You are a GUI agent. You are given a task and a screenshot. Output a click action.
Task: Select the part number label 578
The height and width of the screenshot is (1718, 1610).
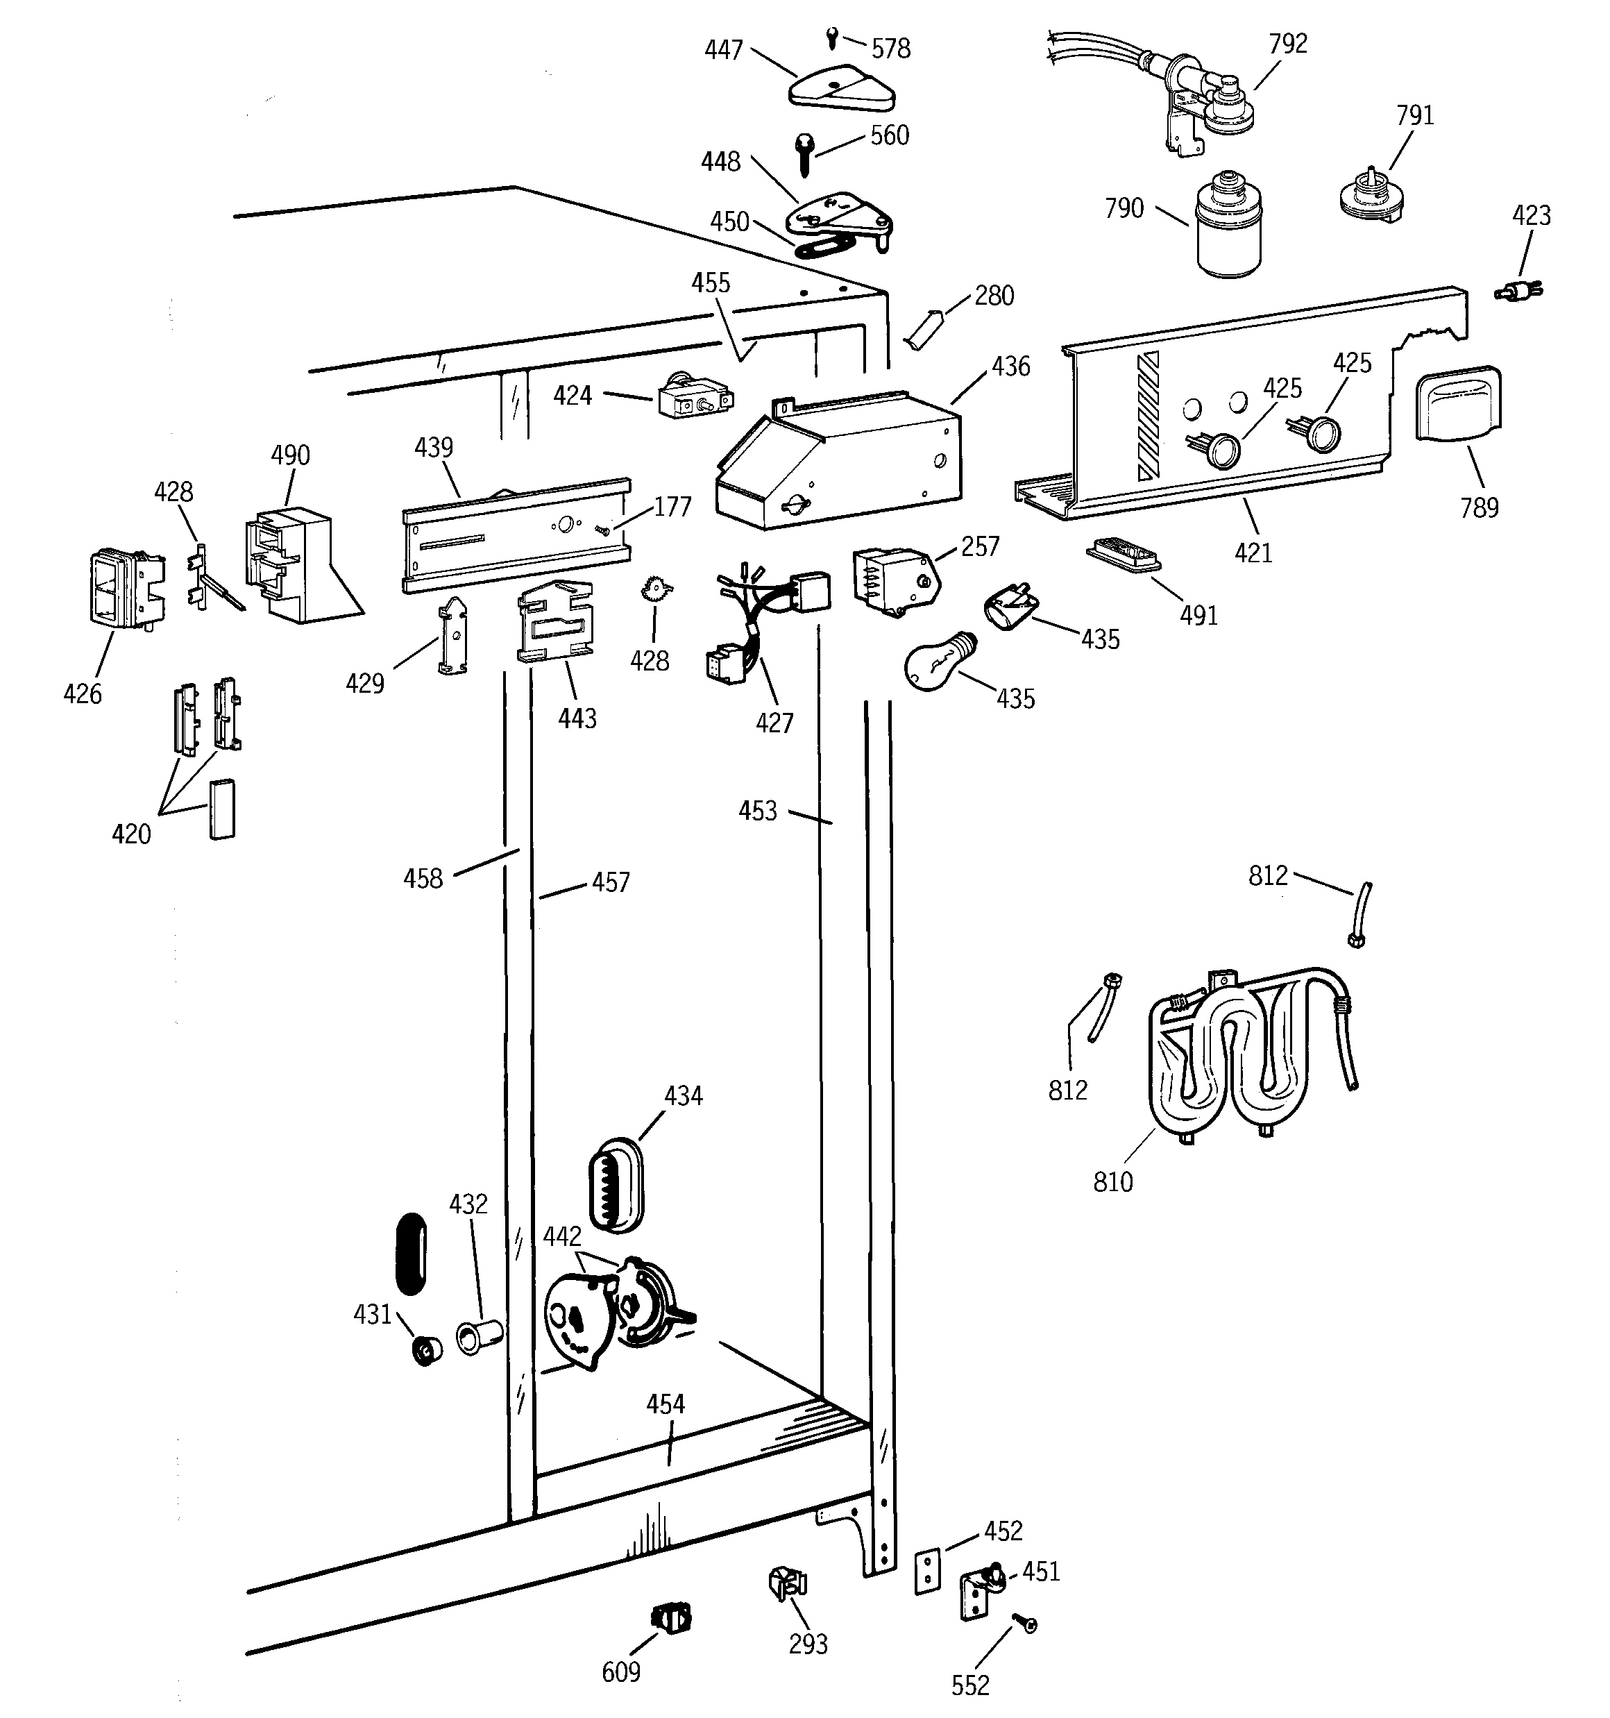(x=891, y=49)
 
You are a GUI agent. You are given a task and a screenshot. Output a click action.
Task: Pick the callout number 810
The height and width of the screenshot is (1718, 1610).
(x=1112, y=1181)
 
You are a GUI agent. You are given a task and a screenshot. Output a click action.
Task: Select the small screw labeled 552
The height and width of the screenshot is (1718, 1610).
(x=1026, y=1625)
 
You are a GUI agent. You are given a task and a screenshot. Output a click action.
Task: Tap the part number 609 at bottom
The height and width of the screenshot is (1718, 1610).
(x=620, y=1672)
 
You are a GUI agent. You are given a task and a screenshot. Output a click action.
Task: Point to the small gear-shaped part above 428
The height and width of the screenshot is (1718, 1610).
(x=655, y=591)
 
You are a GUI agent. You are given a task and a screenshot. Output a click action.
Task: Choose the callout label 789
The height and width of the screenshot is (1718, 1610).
(x=1479, y=507)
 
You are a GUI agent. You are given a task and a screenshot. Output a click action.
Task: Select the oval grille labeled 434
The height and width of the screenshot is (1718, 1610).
(x=616, y=1185)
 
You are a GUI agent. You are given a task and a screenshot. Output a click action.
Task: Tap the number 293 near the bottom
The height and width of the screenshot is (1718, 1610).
(x=808, y=1644)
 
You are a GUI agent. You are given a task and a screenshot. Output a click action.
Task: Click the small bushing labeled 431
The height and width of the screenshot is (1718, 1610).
(x=426, y=1349)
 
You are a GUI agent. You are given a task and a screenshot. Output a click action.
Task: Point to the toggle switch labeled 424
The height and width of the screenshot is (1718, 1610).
(x=694, y=398)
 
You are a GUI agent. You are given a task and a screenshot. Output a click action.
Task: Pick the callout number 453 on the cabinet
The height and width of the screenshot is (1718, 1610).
(x=757, y=811)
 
